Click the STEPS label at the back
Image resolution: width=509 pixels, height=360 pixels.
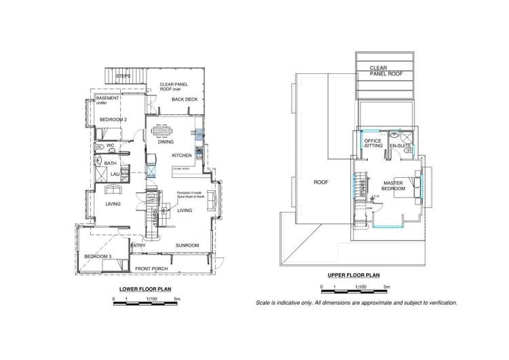coord(123,77)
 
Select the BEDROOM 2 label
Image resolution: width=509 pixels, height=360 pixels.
coord(113,120)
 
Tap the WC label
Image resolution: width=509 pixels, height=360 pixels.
coord(109,145)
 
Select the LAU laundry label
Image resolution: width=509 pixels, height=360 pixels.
coord(115,174)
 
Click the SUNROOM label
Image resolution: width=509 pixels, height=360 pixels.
coord(187,245)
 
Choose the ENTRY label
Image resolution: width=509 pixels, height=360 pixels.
coord(138,245)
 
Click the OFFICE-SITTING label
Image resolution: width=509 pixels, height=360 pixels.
coord(373,143)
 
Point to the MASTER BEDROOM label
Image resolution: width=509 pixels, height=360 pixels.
coord(394,185)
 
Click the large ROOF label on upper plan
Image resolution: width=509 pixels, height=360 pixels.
coord(320,182)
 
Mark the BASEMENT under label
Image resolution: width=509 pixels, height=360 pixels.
coord(109,101)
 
